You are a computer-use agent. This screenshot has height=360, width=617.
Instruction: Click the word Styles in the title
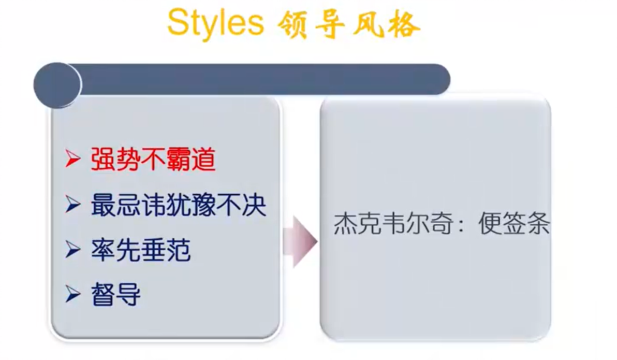coord(215,23)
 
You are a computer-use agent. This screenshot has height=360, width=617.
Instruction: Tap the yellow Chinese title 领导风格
coord(349,25)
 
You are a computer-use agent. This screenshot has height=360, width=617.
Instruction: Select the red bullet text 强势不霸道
coord(153,159)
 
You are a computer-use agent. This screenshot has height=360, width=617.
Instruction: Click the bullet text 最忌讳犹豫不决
coord(178,205)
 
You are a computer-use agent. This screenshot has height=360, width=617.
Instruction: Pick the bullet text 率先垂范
coord(140,250)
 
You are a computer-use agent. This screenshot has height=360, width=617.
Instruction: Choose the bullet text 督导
coord(116,294)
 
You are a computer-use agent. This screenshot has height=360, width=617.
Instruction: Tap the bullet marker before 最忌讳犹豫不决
coord(73,204)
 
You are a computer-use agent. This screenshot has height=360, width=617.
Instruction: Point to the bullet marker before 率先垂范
coord(73,249)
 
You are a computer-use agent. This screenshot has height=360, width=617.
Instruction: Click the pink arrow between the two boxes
coord(300,241)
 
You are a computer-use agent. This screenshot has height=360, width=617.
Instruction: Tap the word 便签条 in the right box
coord(514,224)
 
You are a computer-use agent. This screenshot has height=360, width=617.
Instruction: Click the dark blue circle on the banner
coord(57,84)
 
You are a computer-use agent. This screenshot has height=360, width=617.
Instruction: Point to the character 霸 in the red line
coord(178,159)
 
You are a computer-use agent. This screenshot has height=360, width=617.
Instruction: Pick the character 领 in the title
coord(292,25)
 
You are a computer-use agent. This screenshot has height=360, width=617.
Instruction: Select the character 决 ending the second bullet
coord(254,205)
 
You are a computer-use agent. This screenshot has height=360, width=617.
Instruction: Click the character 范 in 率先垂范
coord(178,250)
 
